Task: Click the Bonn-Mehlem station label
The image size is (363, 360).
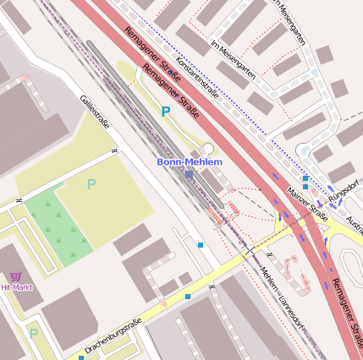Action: point(189,161)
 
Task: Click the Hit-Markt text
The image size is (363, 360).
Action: point(17,287)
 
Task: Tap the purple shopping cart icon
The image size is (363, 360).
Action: point(15,275)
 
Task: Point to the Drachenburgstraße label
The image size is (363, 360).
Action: point(113,335)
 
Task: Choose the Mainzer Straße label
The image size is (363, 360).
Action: point(306,204)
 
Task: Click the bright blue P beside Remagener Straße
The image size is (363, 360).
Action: point(166,111)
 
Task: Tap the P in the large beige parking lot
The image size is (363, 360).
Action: point(91,184)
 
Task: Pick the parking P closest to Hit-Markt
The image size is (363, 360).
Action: point(33,334)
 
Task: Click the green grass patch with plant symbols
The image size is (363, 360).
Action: point(58,226)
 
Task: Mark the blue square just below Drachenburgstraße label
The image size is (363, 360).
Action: point(81,357)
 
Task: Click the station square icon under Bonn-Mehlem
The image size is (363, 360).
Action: point(190,175)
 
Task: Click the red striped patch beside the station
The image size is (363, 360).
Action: point(234,206)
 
